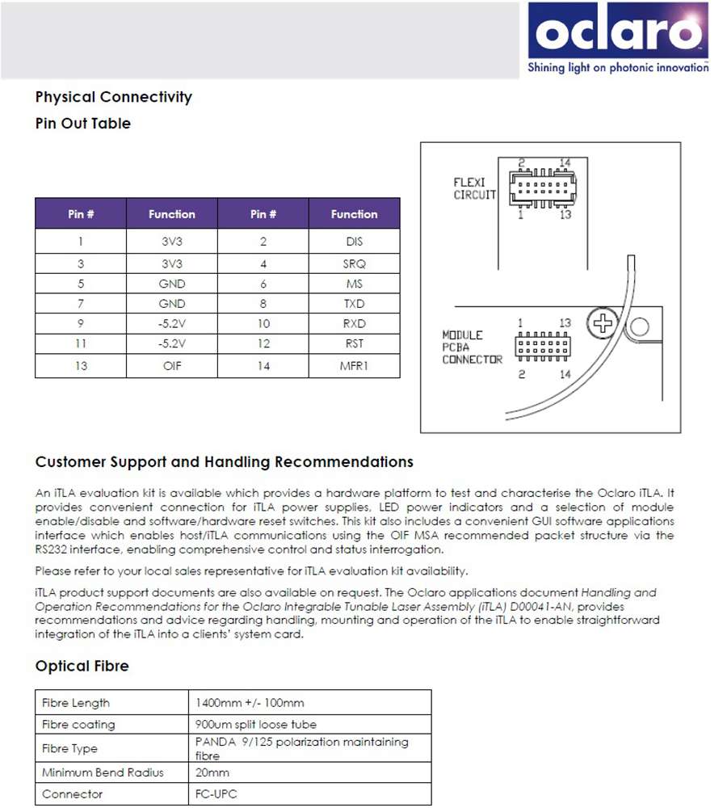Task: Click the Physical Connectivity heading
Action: pyautogui.click(x=114, y=97)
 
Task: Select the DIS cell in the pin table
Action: pyautogui.click(x=354, y=242)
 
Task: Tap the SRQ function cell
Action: pyautogui.click(x=354, y=263)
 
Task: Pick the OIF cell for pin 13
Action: pyautogui.click(x=171, y=366)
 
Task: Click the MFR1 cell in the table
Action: pyautogui.click(x=354, y=366)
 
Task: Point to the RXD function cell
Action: pyautogui.click(x=354, y=323)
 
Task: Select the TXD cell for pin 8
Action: pyautogui.click(x=354, y=304)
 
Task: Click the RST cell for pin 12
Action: pyautogui.click(x=354, y=343)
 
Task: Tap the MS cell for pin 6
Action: pyautogui.click(x=354, y=284)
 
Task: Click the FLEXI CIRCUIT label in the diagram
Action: pyautogui.click(x=474, y=189)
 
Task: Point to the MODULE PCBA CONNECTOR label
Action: pyautogui.click(x=472, y=347)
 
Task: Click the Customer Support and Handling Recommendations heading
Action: pyautogui.click(x=225, y=462)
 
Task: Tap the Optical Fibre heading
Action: pyautogui.click(x=82, y=666)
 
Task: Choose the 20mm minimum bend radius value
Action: pyautogui.click(x=212, y=772)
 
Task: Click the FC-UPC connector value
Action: pyautogui.click(x=216, y=794)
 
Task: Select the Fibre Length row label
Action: pyautogui.click(x=76, y=703)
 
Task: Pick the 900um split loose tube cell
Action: pyautogui.click(x=256, y=724)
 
